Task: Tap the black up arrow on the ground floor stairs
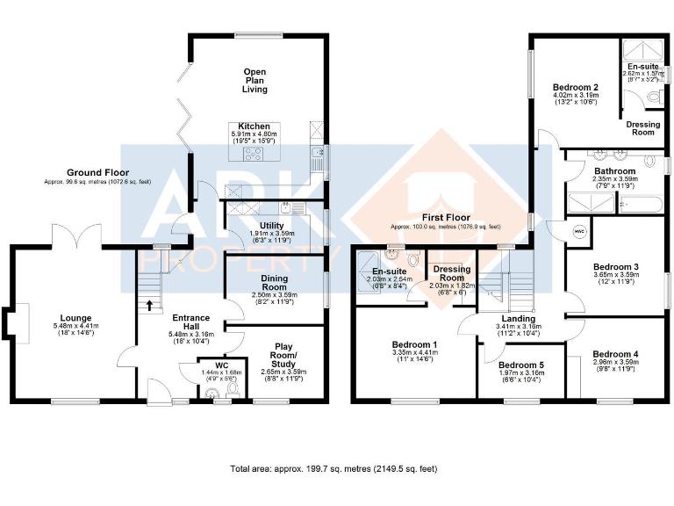(148, 306)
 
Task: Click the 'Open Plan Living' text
(255, 81)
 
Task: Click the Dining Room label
(275, 283)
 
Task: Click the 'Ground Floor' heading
(97, 172)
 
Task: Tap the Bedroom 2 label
(576, 88)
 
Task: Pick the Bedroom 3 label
(615, 266)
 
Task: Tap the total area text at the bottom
(333, 469)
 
